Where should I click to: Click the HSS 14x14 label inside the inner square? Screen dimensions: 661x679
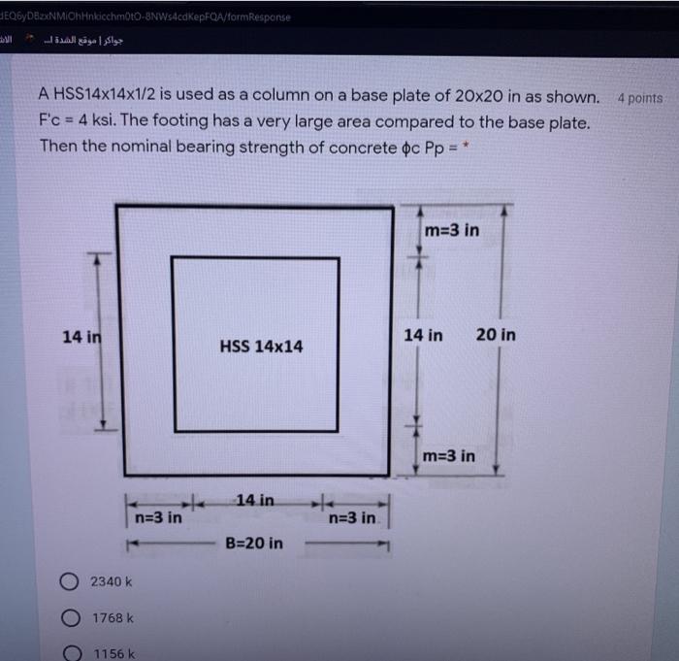261,346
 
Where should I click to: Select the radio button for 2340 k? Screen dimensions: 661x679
72,581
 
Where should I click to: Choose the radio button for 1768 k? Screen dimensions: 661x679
72,617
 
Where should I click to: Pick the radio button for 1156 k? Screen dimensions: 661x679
72,652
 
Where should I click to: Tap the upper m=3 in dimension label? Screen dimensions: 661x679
452,230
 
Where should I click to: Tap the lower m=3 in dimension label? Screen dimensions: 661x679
448,455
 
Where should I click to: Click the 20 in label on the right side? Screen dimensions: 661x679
496,335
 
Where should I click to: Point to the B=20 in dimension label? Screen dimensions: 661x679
254,543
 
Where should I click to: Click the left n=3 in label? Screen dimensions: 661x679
157,517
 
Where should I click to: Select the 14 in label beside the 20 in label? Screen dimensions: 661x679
424,335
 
